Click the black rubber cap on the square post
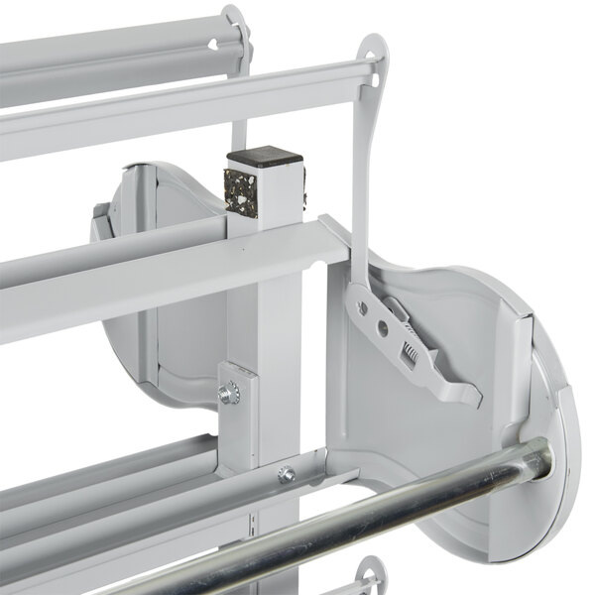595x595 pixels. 264,157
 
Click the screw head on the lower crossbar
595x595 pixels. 287,474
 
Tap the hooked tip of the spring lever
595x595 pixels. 472,394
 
